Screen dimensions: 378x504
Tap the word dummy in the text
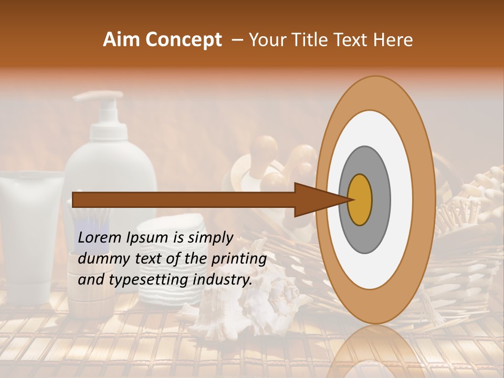(101, 259)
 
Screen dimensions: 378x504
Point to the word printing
(238, 259)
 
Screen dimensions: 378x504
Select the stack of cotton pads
(166, 262)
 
